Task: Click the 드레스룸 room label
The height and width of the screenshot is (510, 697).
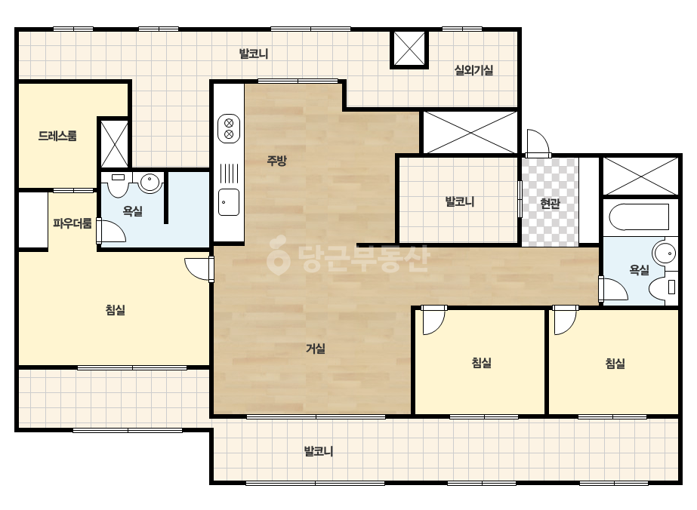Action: pyautogui.click(x=57, y=136)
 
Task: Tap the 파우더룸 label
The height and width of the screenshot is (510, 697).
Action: pyautogui.click(x=72, y=223)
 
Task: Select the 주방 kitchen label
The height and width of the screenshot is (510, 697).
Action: pyautogui.click(x=276, y=161)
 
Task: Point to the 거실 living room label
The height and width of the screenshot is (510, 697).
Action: pyautogui.click(x=316, y=349)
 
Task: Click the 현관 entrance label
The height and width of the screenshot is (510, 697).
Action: pyautogui.click(x=550, y=204)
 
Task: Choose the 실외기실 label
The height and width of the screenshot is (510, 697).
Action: pyautogui.click(x=473, y=69)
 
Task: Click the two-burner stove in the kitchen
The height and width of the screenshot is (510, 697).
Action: pyautogui.click(x=229, y=128)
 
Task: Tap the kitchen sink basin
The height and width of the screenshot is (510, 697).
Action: pyautogui.click(x=229, y=202)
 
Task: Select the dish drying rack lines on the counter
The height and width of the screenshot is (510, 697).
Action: pyautogui.click(x=229, y=174)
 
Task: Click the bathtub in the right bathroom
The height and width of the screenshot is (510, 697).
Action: pyautogui.click(x=639, y=217)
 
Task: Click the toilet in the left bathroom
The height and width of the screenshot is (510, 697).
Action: pyautogui.click(x=118, y=185)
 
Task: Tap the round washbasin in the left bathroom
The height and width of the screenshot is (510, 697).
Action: pyautogui.click(x=150, y=183)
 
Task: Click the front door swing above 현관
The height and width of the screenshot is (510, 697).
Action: pyautogui.click(x=538, y=142)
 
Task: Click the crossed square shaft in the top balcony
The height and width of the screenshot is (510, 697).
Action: pyautogui.click(x=409, y=50)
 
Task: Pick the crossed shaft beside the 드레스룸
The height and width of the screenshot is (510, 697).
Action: pyautogui.click(x=114, y=143)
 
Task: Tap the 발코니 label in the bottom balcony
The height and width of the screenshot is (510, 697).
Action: pyautogui.click(x=319, y=451)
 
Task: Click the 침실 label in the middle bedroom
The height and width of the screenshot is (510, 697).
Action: pyautogui.click(x=482, y=363)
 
